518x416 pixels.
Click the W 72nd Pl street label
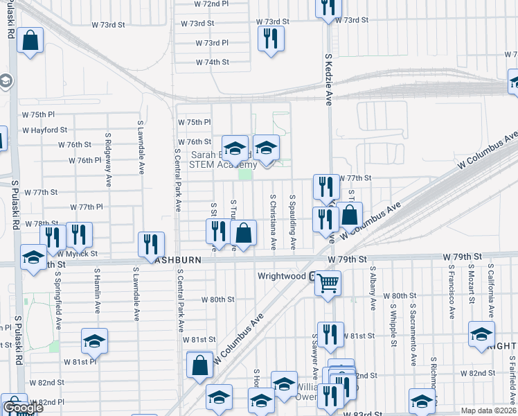pos(212,3)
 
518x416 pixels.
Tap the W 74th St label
pos(213,62)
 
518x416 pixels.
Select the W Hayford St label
pos(44,130)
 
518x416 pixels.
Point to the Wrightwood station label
pos(282,275)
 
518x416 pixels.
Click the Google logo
pos(23,408)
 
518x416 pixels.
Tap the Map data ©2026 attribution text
pos(488,410)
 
